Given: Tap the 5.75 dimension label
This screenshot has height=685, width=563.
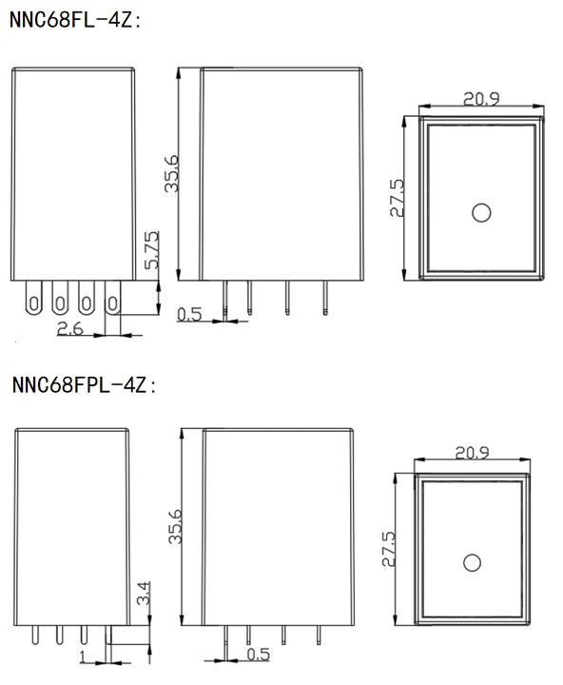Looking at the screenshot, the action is (152, 250).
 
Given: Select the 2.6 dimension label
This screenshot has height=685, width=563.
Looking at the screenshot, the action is (69, 328).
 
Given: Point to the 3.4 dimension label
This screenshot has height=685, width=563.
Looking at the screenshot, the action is (144, 593).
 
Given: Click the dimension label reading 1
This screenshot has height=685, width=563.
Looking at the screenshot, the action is (83, 656).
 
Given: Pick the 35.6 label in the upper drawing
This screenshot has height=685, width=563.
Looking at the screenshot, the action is (171, 173).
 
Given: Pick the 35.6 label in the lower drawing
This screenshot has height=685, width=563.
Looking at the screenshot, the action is (175, 526).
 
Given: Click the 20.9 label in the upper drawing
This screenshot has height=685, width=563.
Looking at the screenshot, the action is (481, 99).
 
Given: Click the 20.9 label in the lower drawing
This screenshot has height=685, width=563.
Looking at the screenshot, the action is (472, 453).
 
